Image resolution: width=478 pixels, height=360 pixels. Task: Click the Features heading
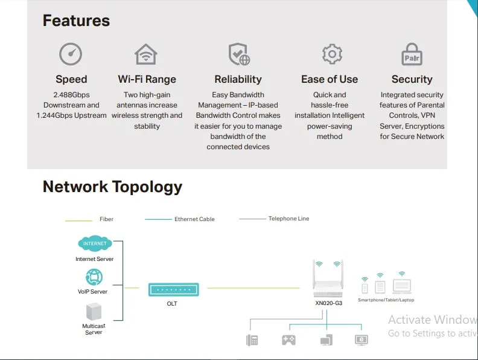[x=76, y=21]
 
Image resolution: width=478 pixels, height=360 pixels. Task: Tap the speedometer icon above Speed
[x=71, y=54]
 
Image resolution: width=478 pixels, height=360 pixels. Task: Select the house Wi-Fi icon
[x=146, y=54]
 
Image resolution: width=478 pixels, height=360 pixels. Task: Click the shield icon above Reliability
[x=238, y=54]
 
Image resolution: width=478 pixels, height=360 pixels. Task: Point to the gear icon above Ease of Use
[x=331, y=54]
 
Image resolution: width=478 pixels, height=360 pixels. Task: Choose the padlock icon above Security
[x=412, y=55]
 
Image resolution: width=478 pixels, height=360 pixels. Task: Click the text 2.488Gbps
[x=71, y=95]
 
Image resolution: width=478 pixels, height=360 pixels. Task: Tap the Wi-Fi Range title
[x=147, y=79]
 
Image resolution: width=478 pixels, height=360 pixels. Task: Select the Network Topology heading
[x=112, y=187]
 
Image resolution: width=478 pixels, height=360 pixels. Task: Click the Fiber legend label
[x=106, y=219]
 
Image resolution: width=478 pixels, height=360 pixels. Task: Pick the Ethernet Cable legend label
[x=194, y=219]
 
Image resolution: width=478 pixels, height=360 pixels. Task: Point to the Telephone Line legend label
[x=288, y=219]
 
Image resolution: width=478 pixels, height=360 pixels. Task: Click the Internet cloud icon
[x=95, y=243]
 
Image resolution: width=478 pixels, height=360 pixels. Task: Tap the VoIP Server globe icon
[x=94, y=277]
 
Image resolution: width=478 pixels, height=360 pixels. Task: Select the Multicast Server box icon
[x=94, y=312]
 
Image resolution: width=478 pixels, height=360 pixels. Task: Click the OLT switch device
[x=173, y=289]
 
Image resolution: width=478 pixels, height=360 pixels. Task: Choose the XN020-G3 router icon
[x=328, y=283]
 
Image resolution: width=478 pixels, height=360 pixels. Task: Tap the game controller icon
[x=288, y=340]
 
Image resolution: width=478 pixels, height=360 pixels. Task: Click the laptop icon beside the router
[x=401, y=286]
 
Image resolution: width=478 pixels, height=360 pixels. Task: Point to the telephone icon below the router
[x=252, y=340]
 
